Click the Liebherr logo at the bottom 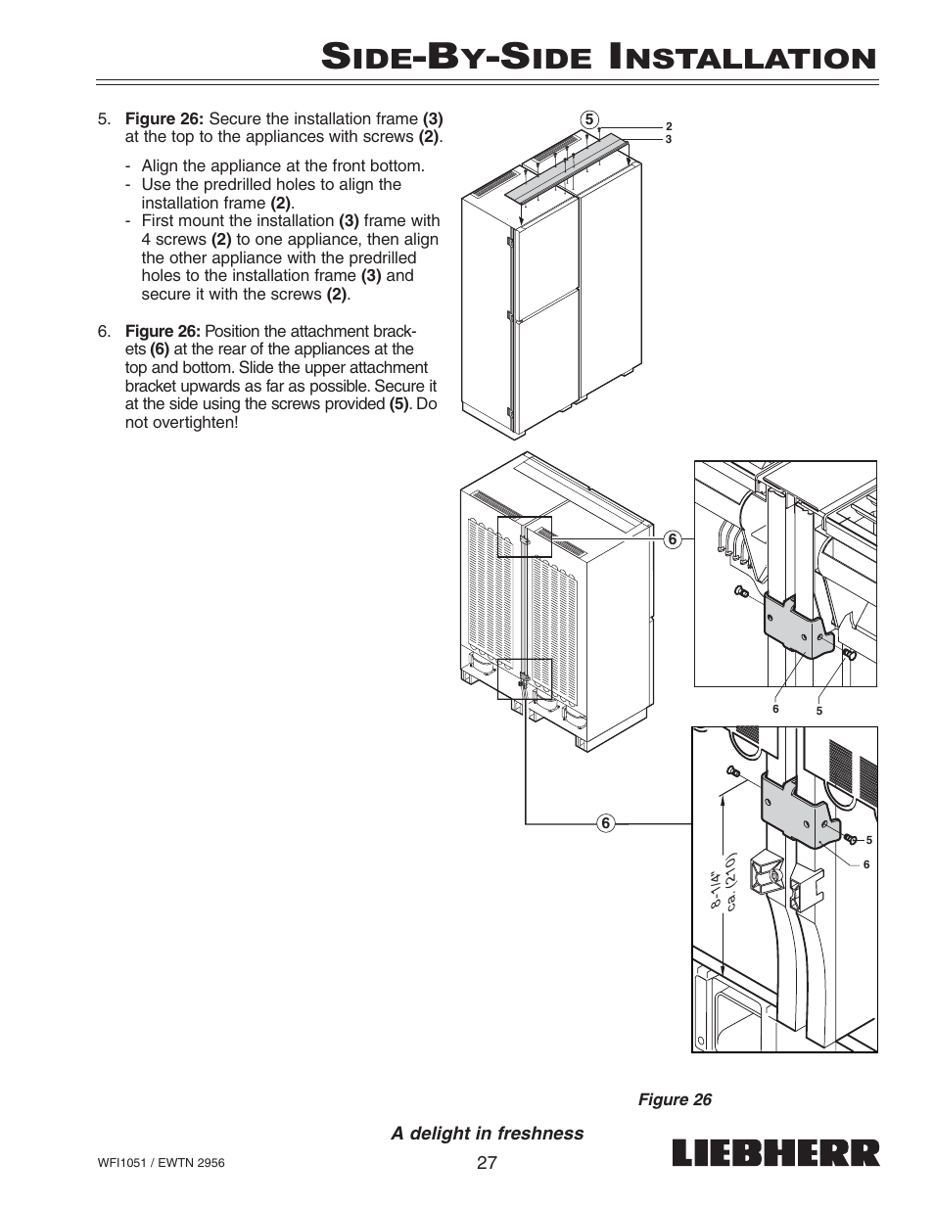(775, 1153)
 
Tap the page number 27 (487, 1162)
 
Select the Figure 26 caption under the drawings (675, 1099)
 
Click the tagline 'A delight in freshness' (488, 1133)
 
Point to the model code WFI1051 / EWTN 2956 (162, 1165)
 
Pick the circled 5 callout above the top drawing (588, 120)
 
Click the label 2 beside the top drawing (669, 126)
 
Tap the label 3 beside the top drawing (669, 139)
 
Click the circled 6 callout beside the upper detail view (673, 538)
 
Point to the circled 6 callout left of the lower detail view (606, 823)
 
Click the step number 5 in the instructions (103, 119)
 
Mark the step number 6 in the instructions (103, 331)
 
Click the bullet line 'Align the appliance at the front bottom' (282, 165)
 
